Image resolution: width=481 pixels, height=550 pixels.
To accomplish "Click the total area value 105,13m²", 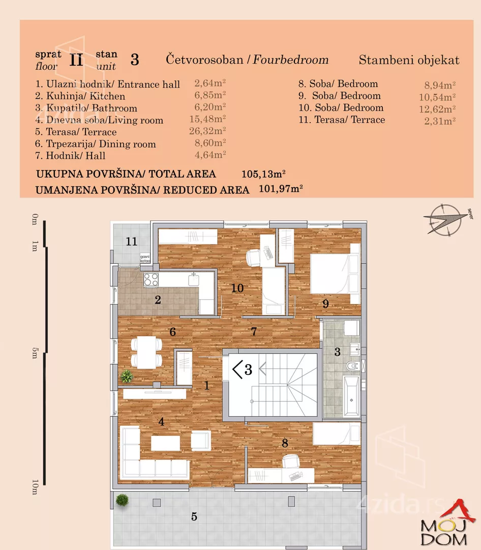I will pos(263,174).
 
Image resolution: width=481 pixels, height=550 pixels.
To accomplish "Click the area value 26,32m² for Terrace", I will pos(210,132).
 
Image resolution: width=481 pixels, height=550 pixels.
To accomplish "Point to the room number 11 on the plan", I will pos(132,241).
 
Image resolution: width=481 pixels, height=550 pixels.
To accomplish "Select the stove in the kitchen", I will pos(151,279).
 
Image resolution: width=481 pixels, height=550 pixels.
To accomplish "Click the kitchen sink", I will pos(193,279).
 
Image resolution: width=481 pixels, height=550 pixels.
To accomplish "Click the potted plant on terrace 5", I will pos(122,500).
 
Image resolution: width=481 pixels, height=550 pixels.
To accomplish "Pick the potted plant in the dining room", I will pos(127,376).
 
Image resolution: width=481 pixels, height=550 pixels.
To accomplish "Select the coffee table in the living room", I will pos(165,443).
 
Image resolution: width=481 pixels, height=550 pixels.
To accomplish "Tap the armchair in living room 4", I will pos(200,441).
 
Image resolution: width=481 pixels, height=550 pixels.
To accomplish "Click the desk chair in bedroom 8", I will pos(290,461).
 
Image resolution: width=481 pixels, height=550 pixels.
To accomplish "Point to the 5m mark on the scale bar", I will pos(35,352).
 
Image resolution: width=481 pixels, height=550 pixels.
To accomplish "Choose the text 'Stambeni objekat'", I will pos(409,60).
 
